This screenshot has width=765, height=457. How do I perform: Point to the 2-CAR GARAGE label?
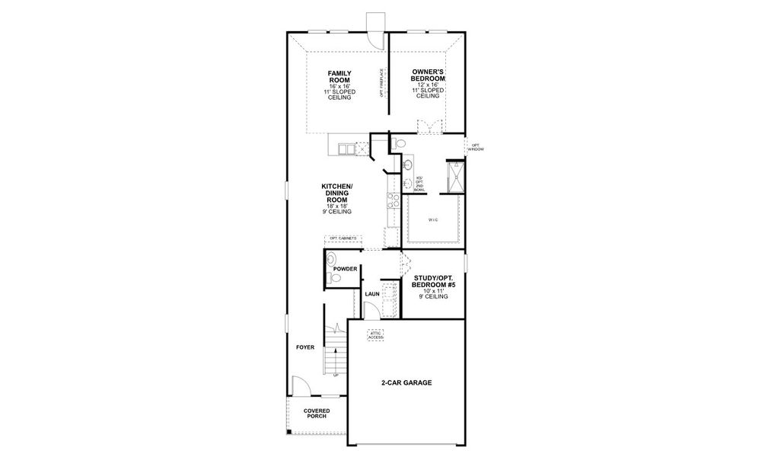[x=406, y=383]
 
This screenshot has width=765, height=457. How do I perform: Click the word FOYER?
[x=305, y=347]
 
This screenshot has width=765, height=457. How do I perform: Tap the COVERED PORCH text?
[x=317, y=414]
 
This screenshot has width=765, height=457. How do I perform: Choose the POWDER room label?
[x=345, y=270]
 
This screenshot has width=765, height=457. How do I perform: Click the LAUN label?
[x=371, y=293]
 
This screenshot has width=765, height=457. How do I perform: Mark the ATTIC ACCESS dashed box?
[x=376, y=335]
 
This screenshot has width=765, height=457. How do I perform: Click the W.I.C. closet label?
[x=433, y=221]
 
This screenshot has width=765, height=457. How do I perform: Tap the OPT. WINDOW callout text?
[x=476, y=147]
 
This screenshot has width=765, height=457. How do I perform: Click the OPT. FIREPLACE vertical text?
[x=381, y=83]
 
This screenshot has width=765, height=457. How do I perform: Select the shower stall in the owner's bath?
[x=455, y=177]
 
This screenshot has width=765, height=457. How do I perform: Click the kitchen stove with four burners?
[x=394, y=200]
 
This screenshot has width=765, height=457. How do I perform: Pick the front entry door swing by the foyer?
[x=299, y=387]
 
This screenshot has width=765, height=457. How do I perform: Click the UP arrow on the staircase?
[x=336, y=373]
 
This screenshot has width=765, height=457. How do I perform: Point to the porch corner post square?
[x=289, y=433]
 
